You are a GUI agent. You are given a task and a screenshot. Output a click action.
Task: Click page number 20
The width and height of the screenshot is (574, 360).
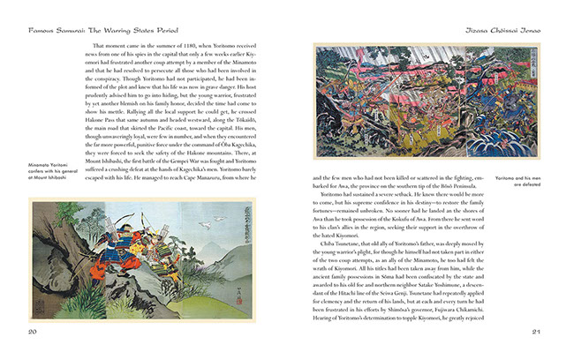pyautogui.click(x=32, y=332)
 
